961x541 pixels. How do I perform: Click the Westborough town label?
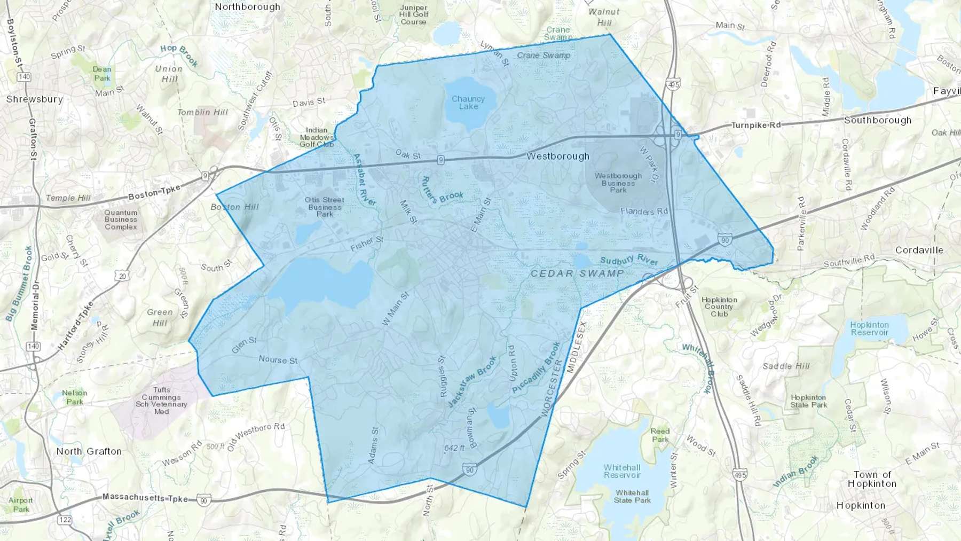(558, 156)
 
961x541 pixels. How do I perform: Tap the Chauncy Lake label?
(468, 103)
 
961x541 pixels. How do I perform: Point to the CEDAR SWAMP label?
(577, 273)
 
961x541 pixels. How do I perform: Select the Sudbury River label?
(629, 260)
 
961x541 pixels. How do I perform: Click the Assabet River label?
(365, 179)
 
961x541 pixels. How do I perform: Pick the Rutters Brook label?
(442, 191)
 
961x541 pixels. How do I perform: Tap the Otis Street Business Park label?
(325, 207)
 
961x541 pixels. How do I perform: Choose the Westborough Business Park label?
(618, 183)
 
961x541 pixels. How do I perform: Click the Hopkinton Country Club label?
(719, 307)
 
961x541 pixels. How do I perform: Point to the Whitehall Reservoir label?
(622, 471)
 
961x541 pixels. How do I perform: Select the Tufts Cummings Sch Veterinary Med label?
(161, 401)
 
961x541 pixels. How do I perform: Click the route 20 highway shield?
(122, 276)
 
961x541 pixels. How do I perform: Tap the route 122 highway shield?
(65, 520)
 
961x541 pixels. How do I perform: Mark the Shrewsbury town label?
(35, 99)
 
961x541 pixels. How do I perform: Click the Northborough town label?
(247, 7)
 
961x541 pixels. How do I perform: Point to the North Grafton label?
(89, 451)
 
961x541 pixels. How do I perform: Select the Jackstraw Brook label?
(472, 381)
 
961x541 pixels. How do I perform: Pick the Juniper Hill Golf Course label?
(413, 15)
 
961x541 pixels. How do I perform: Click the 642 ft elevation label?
(454, 448)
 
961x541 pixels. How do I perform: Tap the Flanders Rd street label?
(644, 211)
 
